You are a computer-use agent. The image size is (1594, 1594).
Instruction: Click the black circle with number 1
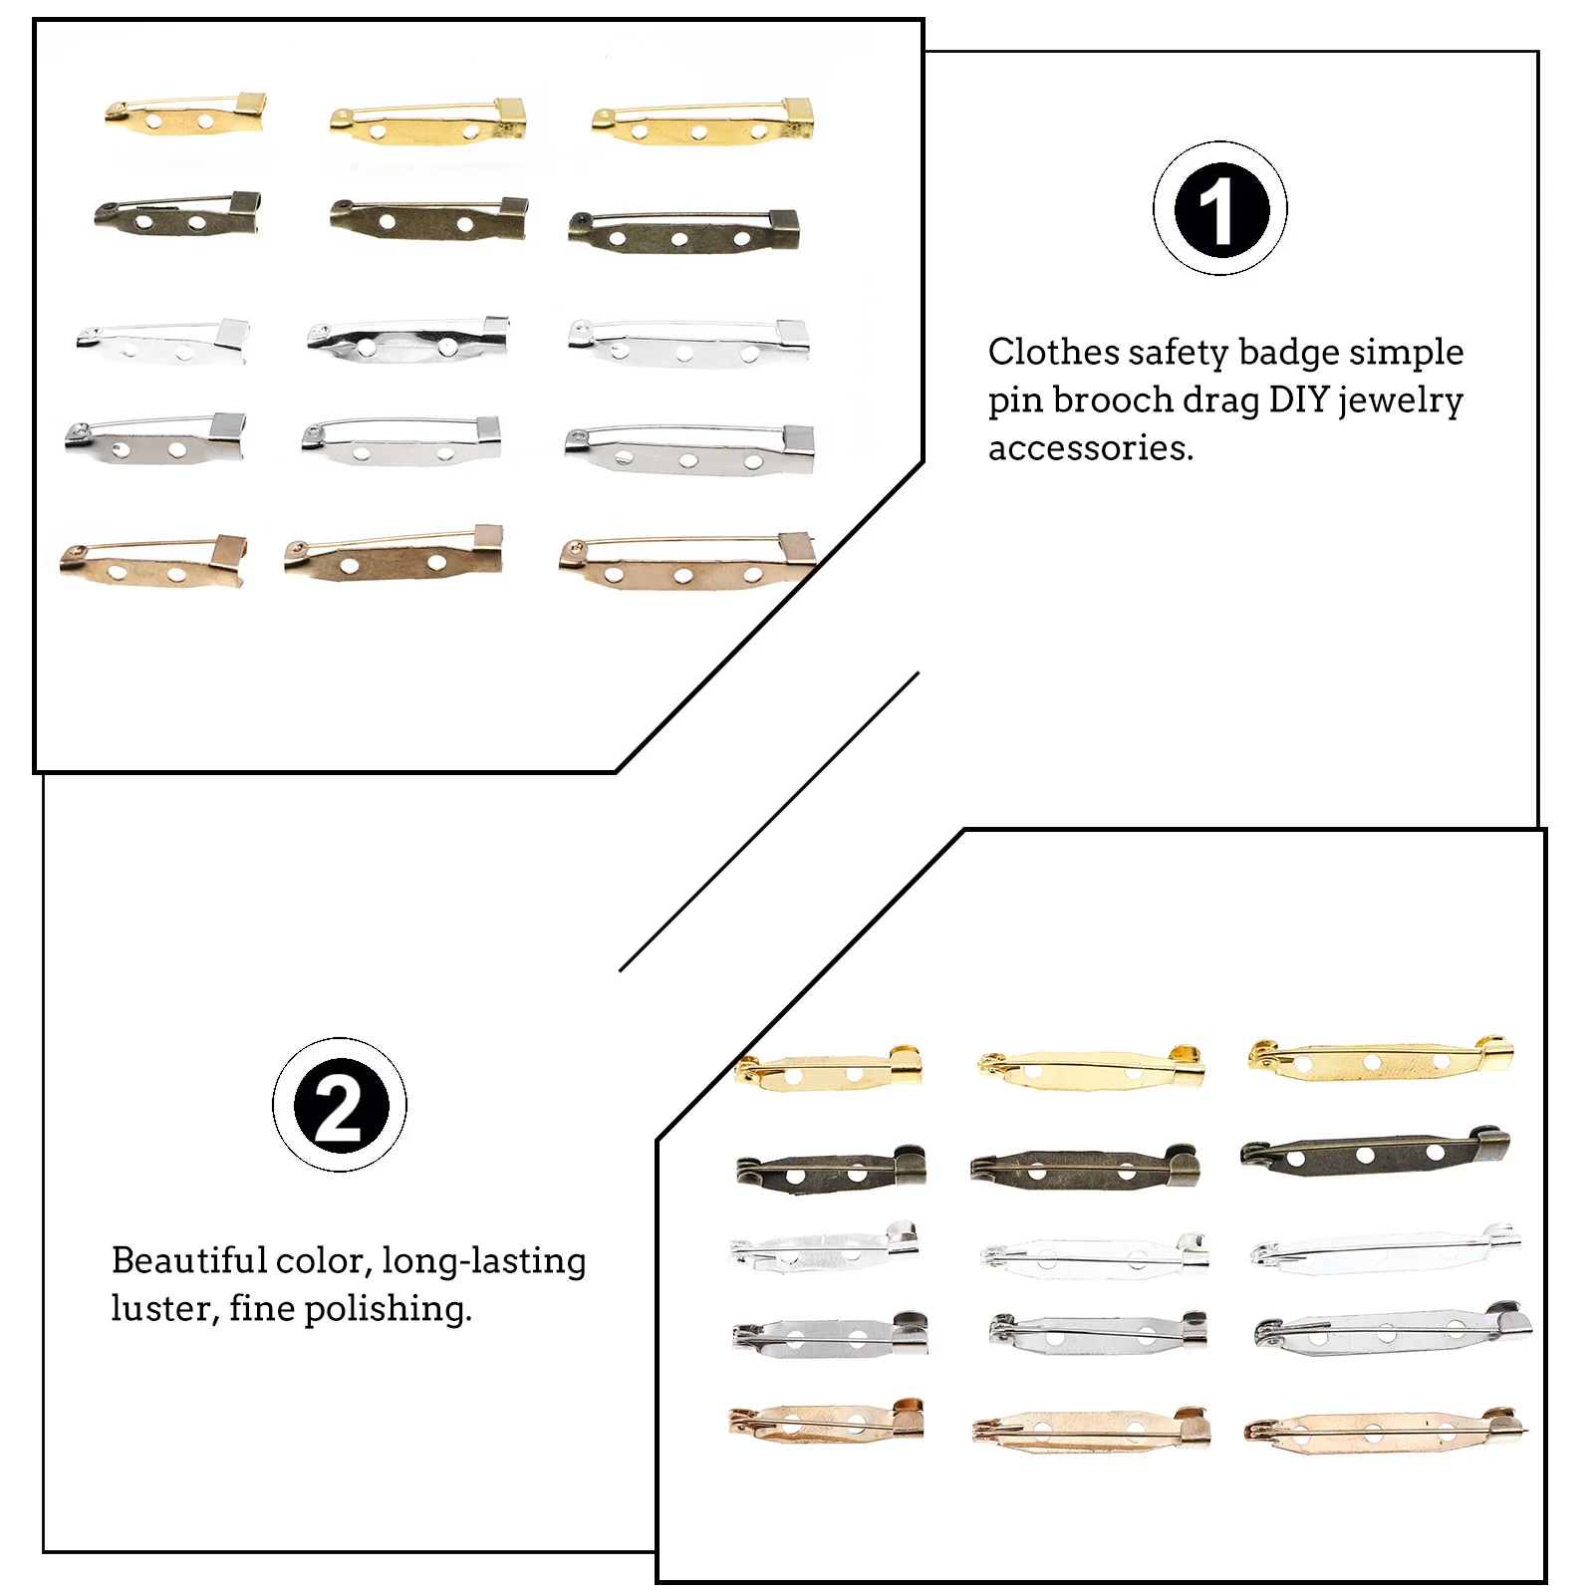[1220, 209]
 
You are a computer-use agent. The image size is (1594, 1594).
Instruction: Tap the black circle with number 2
[339, 1105]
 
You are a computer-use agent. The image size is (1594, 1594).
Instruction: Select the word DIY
[1299, 399]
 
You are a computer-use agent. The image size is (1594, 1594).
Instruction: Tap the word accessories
[1090, 447]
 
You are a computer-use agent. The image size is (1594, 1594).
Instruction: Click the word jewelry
[1401, 401]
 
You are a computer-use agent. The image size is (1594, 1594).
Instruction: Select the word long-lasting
[483, 1262]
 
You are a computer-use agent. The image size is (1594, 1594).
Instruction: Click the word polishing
[388, 1310]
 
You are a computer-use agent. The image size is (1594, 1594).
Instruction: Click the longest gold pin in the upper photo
[703, 124]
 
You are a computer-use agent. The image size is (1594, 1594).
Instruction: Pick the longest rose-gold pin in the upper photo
[687, 565]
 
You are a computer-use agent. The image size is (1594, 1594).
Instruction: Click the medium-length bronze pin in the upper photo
[428, 219]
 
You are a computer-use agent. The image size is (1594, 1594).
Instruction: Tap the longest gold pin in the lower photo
[1381, 1060]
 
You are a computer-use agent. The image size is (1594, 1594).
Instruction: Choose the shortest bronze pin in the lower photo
[831, 1169]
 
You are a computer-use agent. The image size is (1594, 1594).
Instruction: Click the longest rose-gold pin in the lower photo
[1385, 1431]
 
